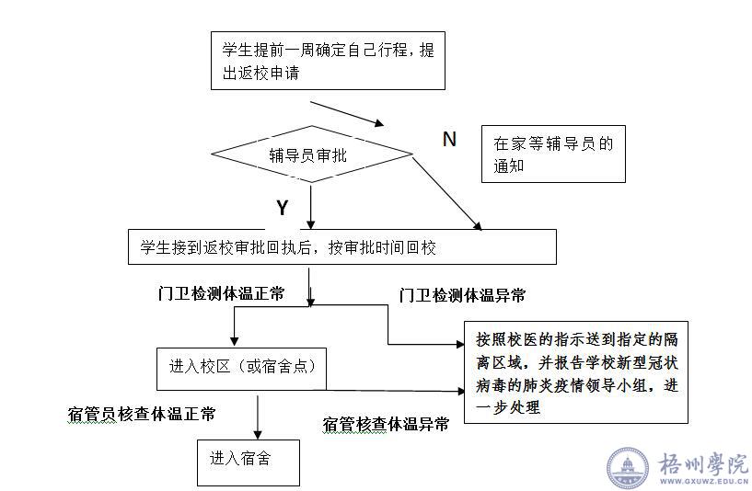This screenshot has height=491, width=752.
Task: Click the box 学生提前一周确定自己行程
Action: [x=328, y=61]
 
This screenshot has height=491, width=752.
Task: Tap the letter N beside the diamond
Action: [x=449, y=139]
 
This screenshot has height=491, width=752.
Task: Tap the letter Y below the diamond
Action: [x=283, y=208]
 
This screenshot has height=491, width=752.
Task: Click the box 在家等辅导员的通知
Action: [x=559, y=154]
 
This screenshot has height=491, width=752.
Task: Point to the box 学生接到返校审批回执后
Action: [x=341, y=248]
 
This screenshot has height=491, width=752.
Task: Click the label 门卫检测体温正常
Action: [x=221, y=293]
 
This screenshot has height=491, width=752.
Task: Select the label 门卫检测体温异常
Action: [x=462, y=295]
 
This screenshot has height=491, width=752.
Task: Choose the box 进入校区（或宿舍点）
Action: [x=243, y=366]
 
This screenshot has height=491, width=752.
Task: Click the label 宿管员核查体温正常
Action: [x=143, y=414]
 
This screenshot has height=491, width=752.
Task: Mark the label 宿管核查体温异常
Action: [x=386, y=424]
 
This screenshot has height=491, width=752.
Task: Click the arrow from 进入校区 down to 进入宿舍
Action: [x=259, y=417]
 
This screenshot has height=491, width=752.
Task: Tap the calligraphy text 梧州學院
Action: [x=704, y=462]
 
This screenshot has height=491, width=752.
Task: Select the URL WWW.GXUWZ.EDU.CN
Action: [x=704, y=481]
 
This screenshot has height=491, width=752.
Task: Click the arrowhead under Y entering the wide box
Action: [x=311, y=223]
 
